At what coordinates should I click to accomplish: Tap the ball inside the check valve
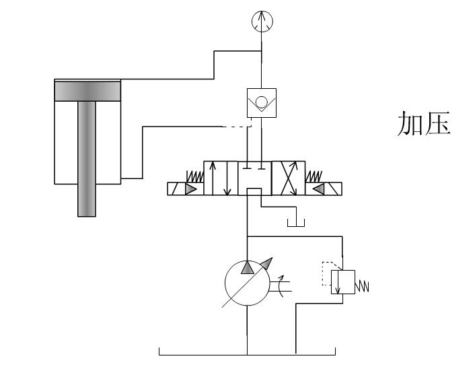coord(262,102)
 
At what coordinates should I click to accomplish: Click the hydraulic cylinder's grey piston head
coord(87,91)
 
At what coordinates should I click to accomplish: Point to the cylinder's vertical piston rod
coord(87,159)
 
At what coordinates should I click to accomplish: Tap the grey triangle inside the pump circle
coord(248,267)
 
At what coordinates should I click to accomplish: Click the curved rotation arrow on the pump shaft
coord(281,285)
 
